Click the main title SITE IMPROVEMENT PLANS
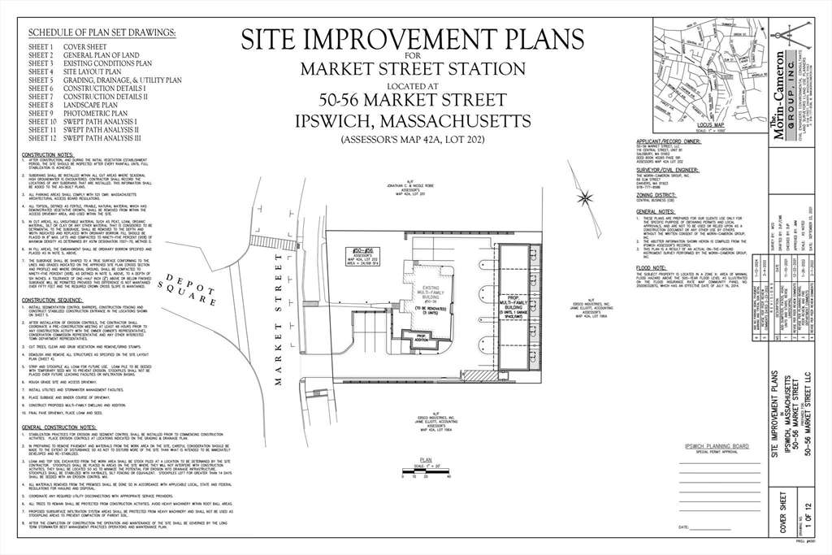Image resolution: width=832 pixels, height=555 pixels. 411,40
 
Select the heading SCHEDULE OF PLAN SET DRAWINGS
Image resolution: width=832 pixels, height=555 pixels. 102,33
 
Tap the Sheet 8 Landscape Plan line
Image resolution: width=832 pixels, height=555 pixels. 73,105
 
